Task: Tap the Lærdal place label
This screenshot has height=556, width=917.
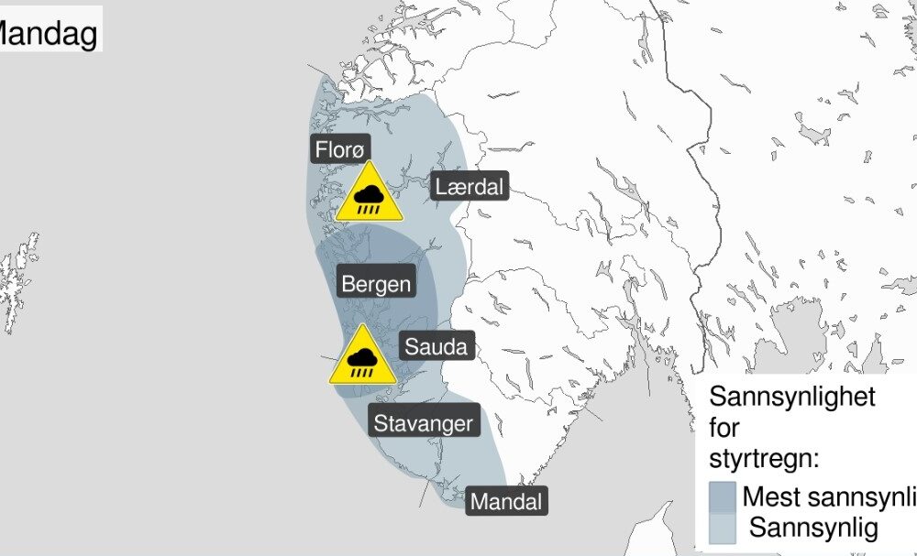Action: pos(469,188)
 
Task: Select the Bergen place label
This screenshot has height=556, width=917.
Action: pos(376,284)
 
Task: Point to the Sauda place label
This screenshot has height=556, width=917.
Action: pos(436,346)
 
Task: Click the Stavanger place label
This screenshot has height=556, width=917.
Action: pos(423,423)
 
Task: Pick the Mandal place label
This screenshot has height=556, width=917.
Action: pos(506,502)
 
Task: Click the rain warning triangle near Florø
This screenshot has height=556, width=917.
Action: pos(369,195)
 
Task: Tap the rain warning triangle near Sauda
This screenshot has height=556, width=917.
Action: pos(364,357)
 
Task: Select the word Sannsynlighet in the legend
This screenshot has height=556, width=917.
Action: pos(793,398)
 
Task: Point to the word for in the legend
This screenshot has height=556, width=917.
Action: pos(724,428)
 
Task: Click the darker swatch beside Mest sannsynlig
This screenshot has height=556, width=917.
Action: pos(723,497)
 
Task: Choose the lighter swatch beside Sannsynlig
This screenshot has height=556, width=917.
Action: pos(723,528)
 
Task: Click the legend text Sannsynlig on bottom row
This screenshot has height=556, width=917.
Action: pos(813,528)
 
